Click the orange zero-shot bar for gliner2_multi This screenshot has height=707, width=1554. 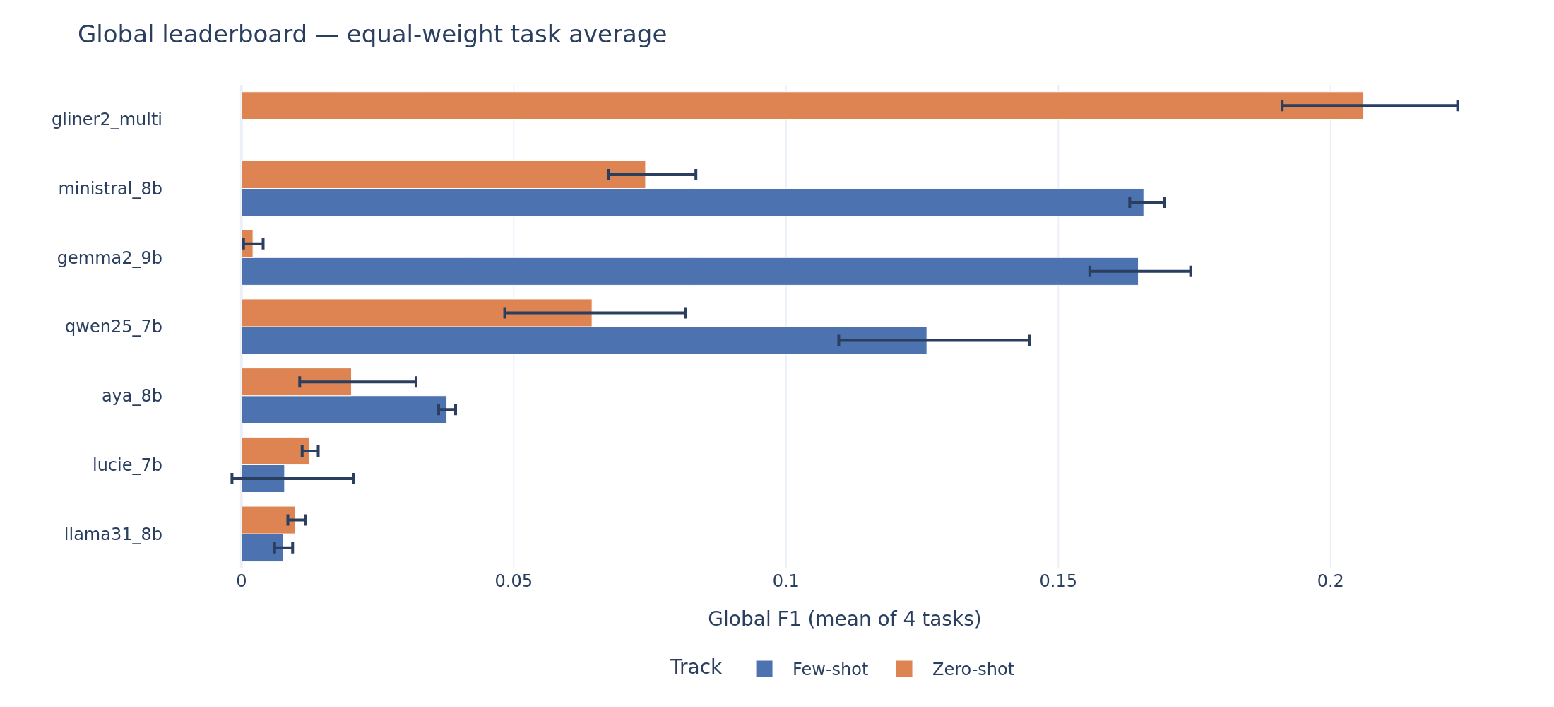point(777,105)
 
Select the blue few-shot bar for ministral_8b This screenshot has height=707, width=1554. point(692,202)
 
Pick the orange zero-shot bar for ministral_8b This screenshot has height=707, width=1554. point(424,175)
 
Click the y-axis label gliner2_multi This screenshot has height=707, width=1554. point(107,119)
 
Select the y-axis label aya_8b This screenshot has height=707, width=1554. point(132,396)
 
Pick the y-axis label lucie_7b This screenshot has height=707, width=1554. point(127,465)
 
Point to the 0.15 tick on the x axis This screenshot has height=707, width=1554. point(1057,582)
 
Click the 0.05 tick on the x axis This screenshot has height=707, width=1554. point(513,582)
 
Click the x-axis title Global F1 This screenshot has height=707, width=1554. point(844,619)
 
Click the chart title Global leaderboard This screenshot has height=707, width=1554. point(372,35)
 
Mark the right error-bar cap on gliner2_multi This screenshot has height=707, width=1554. point(1457,105)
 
